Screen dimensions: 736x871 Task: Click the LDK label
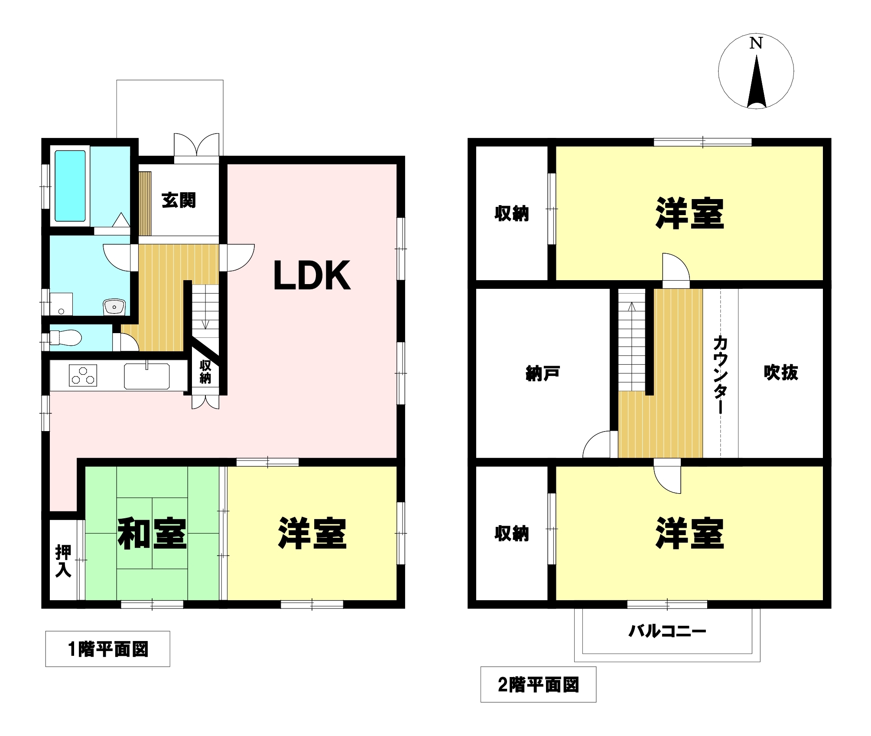click(312, 276)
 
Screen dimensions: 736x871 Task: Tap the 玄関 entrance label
click(179, 200)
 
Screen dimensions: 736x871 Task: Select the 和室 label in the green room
click(152, 533)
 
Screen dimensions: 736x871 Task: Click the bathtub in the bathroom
click(70, 186)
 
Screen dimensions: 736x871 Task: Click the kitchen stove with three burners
click(83, 375)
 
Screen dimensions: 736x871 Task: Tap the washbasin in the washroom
click(114, 307)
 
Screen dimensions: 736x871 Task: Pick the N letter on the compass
click(756, 43)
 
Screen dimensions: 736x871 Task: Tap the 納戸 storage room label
click(543, 373)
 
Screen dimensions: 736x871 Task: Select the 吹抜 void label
click(780, 372)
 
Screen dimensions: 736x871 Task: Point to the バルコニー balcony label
click(667, 631)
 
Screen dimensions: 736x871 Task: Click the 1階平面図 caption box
click(108, 649)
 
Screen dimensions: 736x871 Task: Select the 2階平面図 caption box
click(538, 685)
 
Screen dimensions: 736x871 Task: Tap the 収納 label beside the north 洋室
click(512, 213)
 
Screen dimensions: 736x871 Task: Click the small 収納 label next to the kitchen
click(205, 372)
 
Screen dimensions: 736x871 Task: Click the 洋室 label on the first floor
click(312, 533)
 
